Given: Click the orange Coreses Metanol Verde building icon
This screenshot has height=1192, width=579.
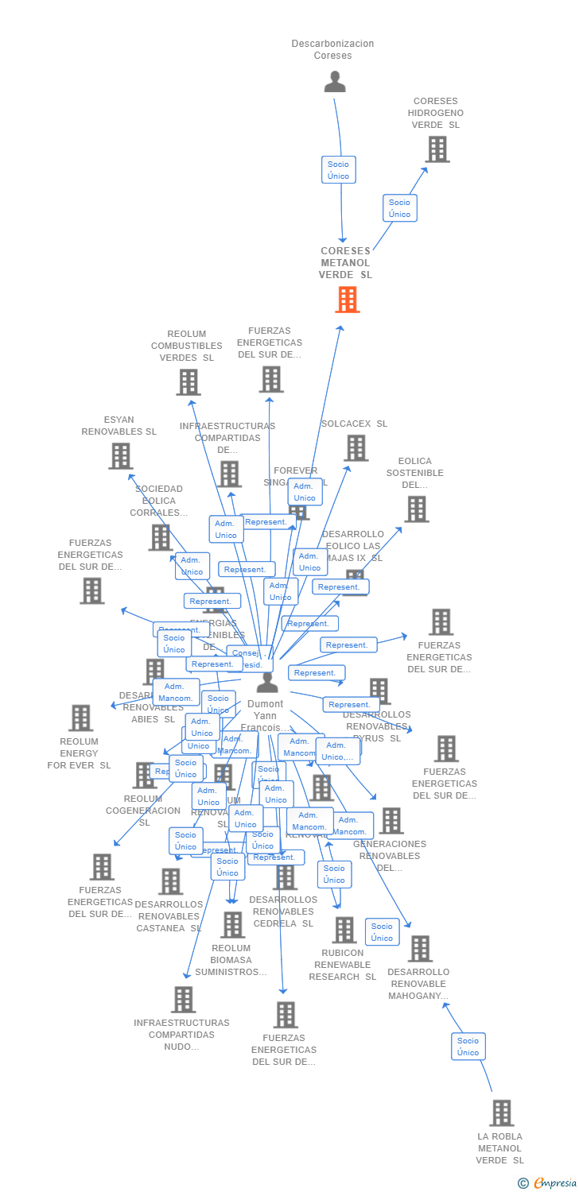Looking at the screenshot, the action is [348, 300].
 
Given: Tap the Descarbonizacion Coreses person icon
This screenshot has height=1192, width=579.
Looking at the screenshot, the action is [335, 82].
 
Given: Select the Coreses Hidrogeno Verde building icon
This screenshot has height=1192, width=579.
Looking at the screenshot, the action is [437, 149].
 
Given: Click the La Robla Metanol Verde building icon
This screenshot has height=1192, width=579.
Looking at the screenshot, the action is [501, 1113].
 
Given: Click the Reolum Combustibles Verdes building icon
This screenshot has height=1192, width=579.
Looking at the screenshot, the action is [188, 382].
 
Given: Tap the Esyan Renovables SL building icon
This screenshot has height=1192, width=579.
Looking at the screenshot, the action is [120, 456].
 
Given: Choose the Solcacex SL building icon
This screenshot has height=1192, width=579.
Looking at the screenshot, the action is [356, 448].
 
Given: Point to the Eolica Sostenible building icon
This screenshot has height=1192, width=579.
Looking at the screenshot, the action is [416, 509].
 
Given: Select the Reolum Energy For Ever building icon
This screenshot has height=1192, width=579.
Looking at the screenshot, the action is [80, 718].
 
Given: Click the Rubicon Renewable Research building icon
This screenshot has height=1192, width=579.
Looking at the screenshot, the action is [344, 930].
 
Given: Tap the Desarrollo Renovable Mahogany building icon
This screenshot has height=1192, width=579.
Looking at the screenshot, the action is [420, 949].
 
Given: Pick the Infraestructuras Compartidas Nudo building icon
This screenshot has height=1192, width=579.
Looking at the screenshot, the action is [183, 1000].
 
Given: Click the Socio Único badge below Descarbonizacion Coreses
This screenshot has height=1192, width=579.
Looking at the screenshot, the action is [338, 170].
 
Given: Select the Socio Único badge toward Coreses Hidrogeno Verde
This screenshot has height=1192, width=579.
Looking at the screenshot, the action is [399, 208].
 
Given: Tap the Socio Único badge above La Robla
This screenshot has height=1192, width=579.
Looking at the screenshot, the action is [468, 1047].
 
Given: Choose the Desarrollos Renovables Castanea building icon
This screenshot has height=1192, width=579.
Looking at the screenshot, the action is [170, 881].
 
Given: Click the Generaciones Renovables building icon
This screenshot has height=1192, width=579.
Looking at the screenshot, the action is [391, 821].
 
